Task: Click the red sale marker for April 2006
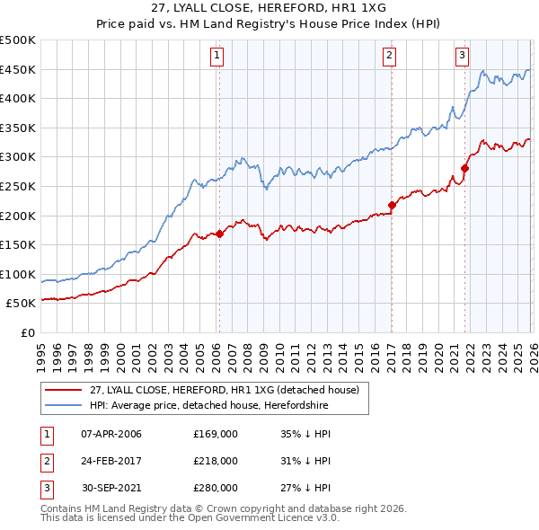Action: point(219,234)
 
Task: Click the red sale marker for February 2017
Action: point(392,206)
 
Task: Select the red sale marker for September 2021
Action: point(465,168)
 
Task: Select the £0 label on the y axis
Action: point(28,332)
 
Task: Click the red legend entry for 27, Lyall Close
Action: point(225,390)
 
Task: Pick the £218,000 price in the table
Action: point(215,461)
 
